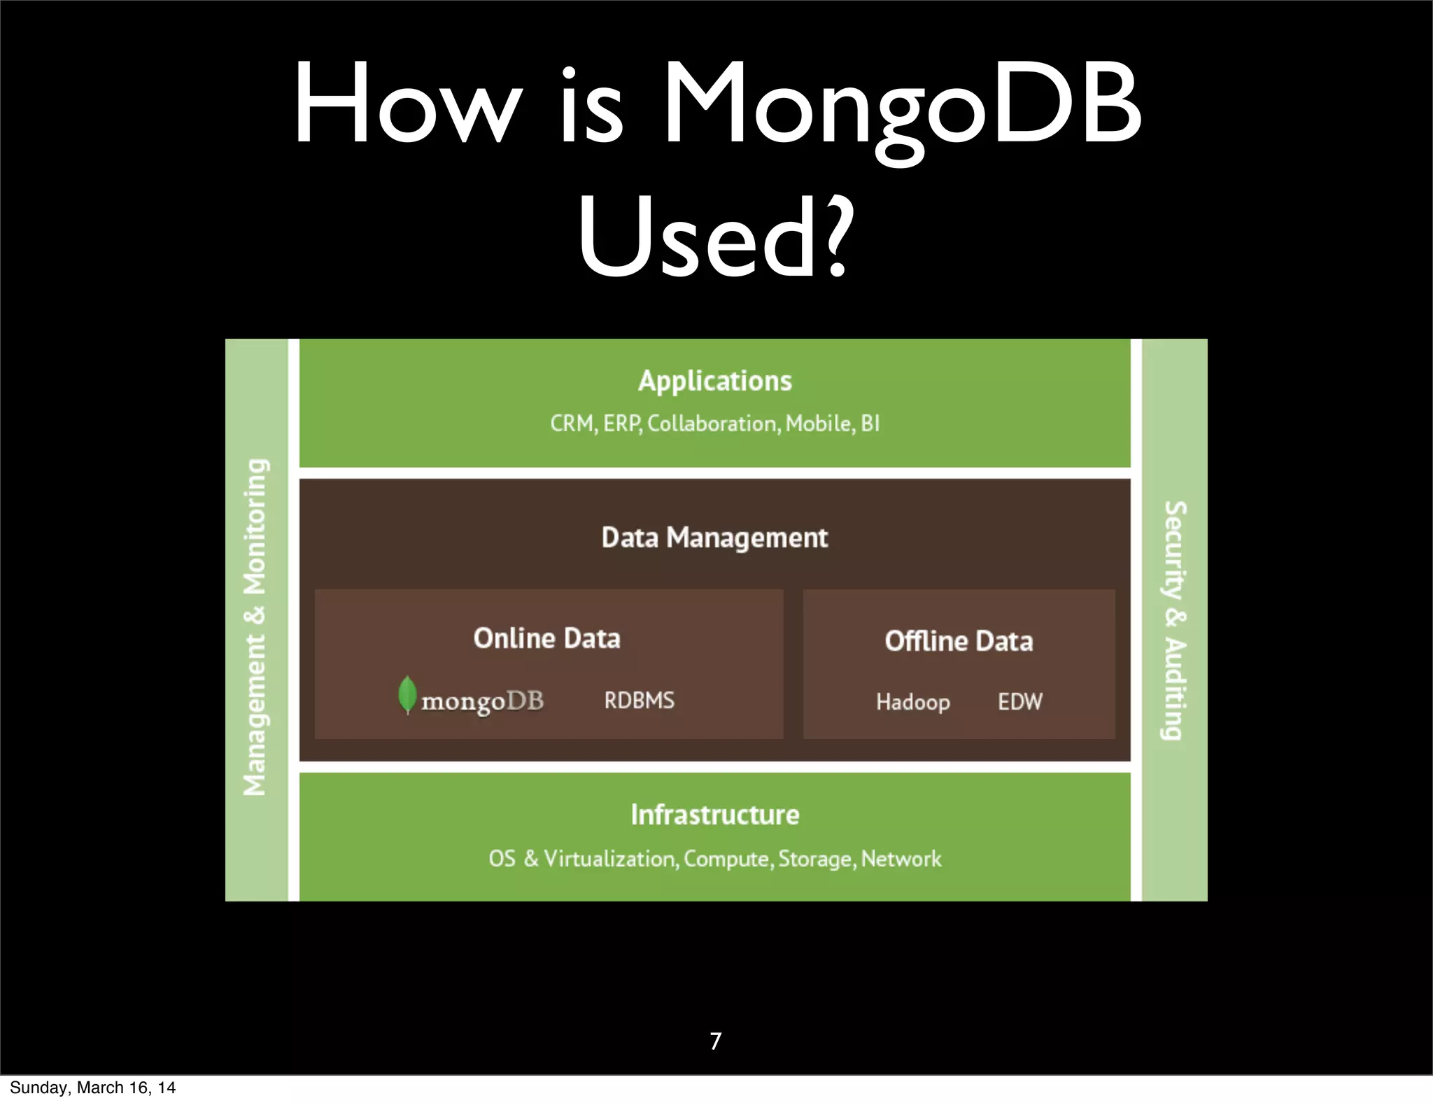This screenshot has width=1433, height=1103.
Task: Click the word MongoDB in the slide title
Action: pos(903,105)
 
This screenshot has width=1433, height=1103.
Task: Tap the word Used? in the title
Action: pos(715,236)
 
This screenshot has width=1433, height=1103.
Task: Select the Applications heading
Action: pos(714,381)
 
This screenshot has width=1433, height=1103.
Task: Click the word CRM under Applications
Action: pos(572,423)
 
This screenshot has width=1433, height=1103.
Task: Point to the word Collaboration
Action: pos(712,423)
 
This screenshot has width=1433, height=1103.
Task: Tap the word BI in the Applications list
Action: pos(870,423)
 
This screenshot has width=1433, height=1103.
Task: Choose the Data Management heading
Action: pos(714,538)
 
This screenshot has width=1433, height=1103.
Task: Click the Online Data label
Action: pos(546,638)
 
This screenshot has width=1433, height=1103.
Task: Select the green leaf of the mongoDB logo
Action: pos(407,694)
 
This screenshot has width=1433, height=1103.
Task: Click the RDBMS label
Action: pos(639,701)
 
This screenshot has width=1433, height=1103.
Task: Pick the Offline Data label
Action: pos(959,641)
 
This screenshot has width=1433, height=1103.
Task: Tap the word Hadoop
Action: pos(912,702)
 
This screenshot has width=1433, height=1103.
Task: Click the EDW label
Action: pos(1019,701)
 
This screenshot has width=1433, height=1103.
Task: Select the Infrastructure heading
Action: pos(714,815)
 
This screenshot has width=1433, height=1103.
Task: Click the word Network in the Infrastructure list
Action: pos(901,859)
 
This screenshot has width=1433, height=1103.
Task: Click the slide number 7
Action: pos(715,1041)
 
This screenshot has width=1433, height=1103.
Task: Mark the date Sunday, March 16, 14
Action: pos(92,1088)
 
